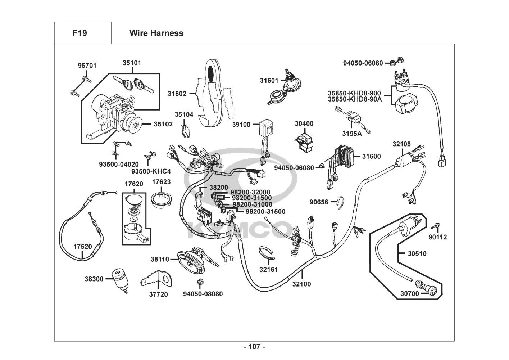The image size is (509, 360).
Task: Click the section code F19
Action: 79,33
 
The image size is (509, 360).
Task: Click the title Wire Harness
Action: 156,33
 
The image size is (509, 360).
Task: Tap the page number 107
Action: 254,347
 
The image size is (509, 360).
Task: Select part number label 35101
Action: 132,63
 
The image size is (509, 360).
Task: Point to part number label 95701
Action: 87,66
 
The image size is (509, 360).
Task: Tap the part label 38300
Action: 94,279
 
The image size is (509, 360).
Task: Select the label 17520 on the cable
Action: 82,247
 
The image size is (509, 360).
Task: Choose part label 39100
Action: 241,125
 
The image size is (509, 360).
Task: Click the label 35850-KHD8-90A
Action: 354,99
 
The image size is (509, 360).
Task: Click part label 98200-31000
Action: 252,204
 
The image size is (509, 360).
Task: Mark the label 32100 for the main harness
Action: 301,284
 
